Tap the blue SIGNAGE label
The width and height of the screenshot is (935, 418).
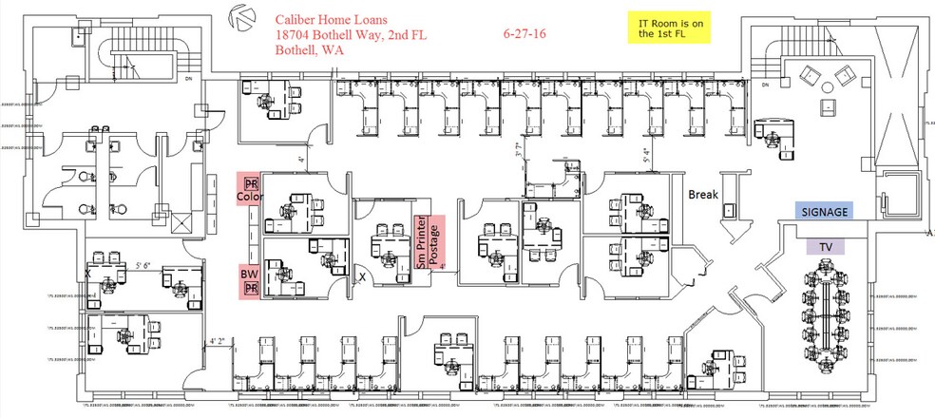[824, 212]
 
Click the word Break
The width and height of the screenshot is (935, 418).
[703, 195]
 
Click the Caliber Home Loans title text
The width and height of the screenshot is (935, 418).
[334, 19]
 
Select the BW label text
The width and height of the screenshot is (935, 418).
[249, 273]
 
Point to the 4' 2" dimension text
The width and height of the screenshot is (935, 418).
[219, 339]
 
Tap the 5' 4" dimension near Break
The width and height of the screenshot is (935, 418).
[646, 156]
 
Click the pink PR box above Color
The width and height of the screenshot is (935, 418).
[252, 181]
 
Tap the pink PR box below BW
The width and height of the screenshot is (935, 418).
[252, 288]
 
